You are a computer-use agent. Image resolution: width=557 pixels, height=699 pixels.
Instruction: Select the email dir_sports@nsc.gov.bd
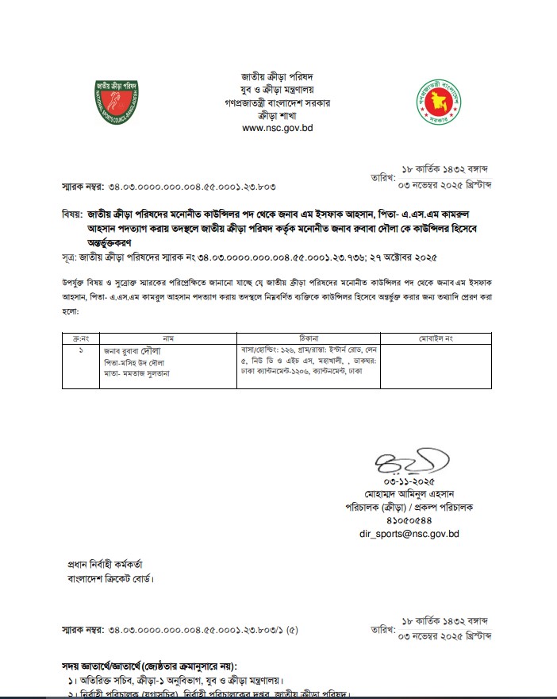(409, 534)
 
